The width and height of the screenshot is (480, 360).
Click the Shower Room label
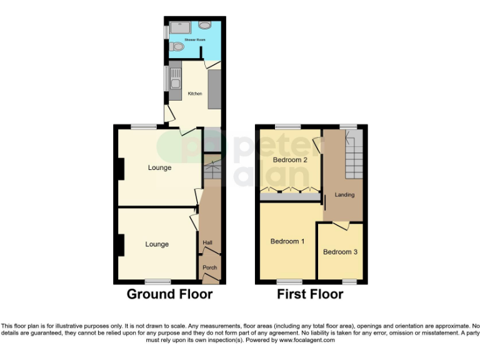coord(194,39)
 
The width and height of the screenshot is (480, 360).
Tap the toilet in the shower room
coord(177,46)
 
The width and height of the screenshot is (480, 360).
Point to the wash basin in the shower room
coord(206,26)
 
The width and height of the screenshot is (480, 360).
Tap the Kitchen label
coord(195,94)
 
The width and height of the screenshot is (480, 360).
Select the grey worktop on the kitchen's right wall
coord(214,89)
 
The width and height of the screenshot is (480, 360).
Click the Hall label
coord(207,242)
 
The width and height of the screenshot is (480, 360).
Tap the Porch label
coord(209,268)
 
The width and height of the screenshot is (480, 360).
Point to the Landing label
coord(344,194)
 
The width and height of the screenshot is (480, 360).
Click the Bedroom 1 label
coord(287,241)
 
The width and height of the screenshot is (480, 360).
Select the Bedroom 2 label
coord(291,160)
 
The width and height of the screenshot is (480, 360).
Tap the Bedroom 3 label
coord(340,252)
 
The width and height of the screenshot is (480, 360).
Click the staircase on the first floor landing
coord(354,156)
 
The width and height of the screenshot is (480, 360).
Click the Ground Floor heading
coord(169,294)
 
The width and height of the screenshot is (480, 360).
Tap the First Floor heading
coord(310,294)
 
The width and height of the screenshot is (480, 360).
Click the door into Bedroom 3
coord(341,225)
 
